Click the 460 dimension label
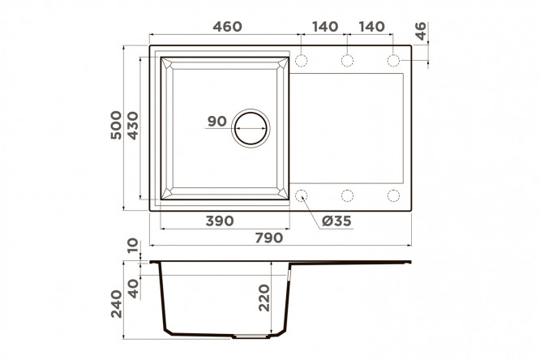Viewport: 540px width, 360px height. coord(227,27)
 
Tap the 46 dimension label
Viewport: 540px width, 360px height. coord(420,31)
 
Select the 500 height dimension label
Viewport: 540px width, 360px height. coord(117,125)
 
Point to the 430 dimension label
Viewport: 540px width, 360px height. coord(133,126)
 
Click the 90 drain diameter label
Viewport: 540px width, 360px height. coord(217,122)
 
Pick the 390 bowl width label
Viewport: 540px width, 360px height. coord(220,221)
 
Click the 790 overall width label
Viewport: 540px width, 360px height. coord(269,238)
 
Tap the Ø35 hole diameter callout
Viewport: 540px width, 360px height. coord(336,221)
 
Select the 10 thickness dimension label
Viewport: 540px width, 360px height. coord(133,246)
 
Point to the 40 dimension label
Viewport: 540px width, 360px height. coord(133,289)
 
